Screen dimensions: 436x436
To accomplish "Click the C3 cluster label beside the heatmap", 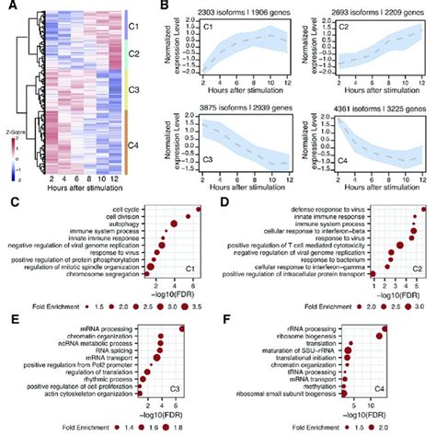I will tap(134, 90).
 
